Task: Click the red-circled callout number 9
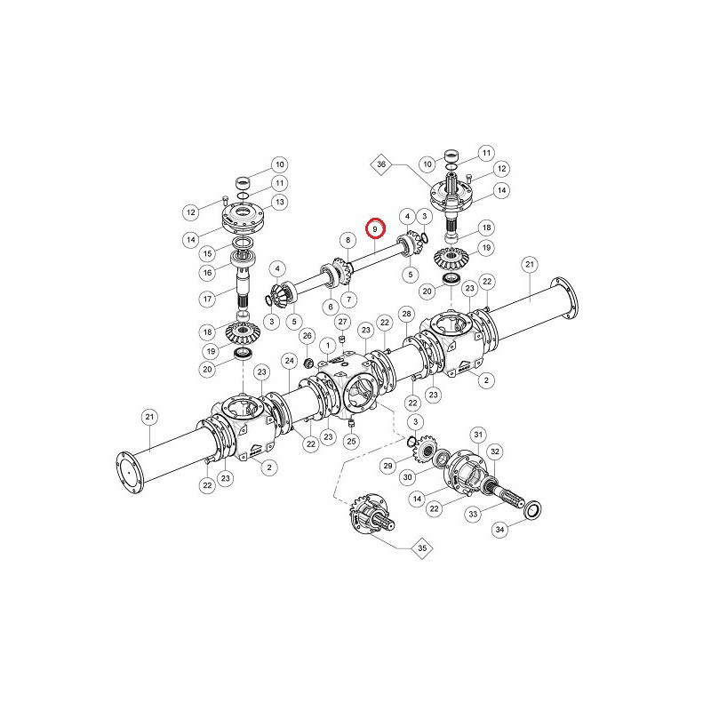coord(375,228)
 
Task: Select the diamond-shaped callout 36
coord(381,164)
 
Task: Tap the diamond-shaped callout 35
coord(422,548)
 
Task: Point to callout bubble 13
coord(280,202)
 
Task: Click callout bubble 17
coord(207,299)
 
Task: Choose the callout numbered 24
coord(290,361)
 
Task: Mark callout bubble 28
coord(406,314)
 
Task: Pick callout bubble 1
coord(328,346)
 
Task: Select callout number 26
coord(308,336)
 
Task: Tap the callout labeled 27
coord(342,322)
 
